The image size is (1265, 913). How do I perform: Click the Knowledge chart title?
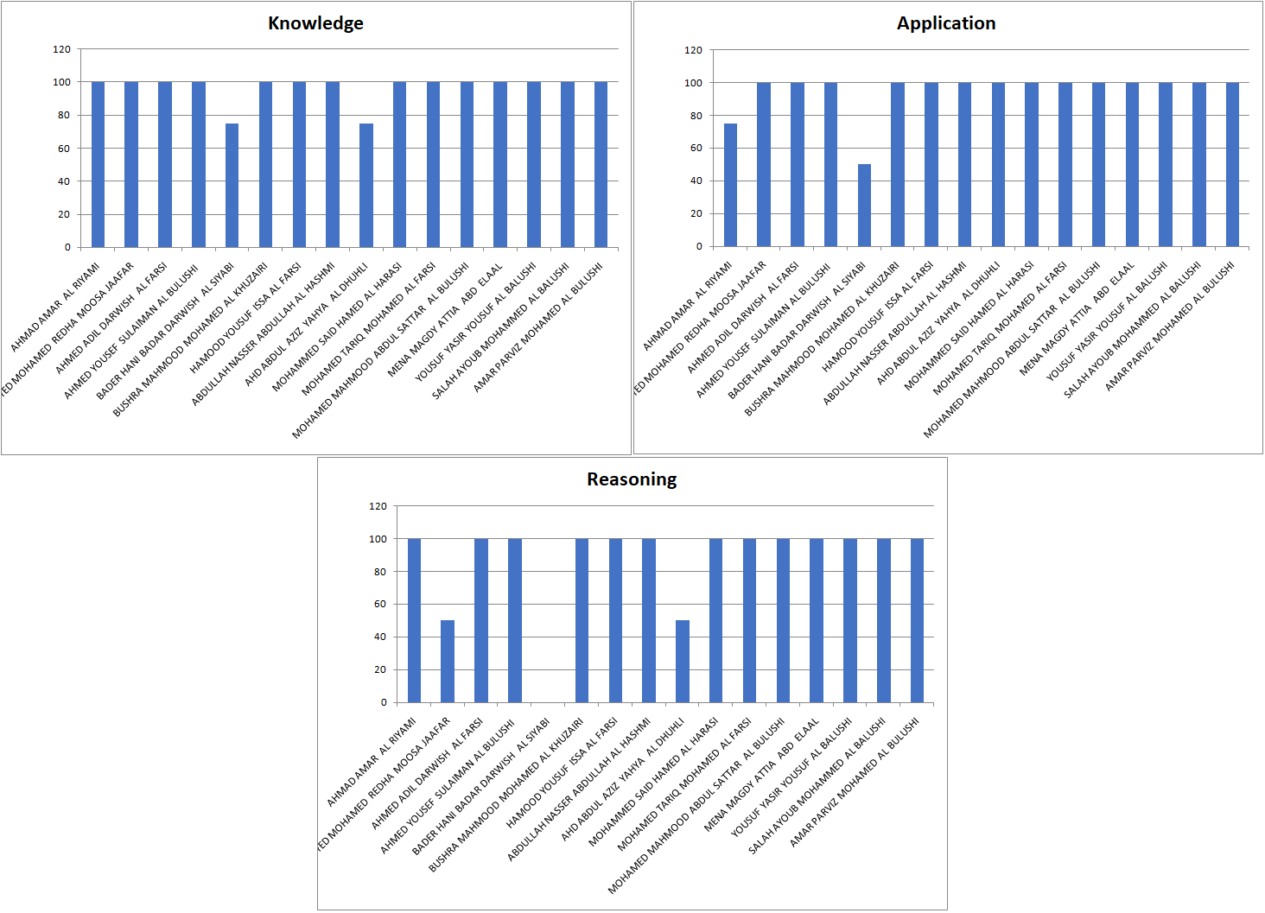point(315,23)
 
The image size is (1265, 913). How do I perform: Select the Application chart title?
point(946,23)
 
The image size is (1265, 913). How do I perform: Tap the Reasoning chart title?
point(632,479)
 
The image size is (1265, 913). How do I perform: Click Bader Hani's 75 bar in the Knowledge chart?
point(232,186)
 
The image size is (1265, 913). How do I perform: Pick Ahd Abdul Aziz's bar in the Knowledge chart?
point(366,186)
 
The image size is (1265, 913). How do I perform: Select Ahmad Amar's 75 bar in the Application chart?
point(730,186)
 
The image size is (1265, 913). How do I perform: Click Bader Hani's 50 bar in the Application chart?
point(864,206)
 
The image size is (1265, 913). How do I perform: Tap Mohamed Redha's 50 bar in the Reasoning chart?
point(448,662)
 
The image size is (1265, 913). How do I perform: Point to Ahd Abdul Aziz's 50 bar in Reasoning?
point(683,662)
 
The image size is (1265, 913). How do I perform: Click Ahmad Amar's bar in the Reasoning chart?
point(414,620)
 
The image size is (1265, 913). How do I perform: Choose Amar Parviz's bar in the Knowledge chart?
point(601,164)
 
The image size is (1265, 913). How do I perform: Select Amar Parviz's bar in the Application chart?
point(1232,164)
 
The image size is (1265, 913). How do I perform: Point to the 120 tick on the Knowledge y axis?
point(62,49)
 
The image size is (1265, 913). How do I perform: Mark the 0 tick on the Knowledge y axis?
point(67,248)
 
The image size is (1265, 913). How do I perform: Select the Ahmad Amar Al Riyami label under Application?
point(688,307)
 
